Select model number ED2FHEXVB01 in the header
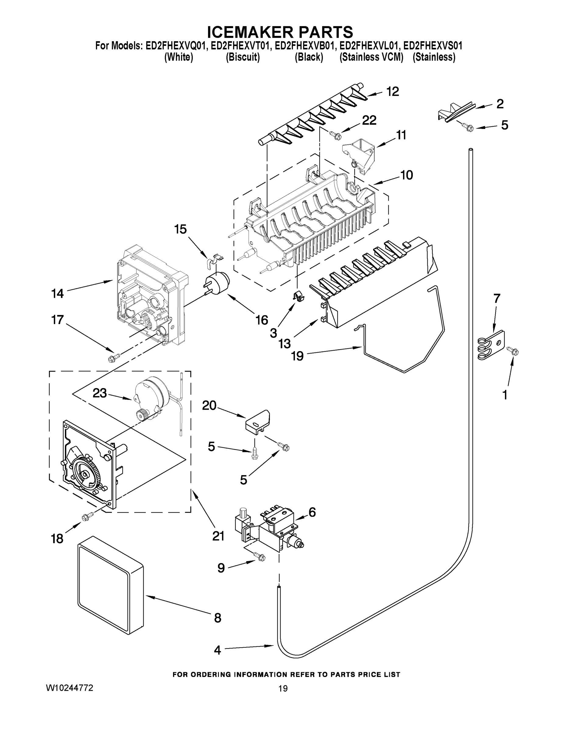tap(304, 46)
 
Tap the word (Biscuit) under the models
tap(243, 57)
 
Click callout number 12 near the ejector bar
tap(393, 91)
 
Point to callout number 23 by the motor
tap(100, 393)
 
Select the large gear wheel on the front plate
tap(85, 474)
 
